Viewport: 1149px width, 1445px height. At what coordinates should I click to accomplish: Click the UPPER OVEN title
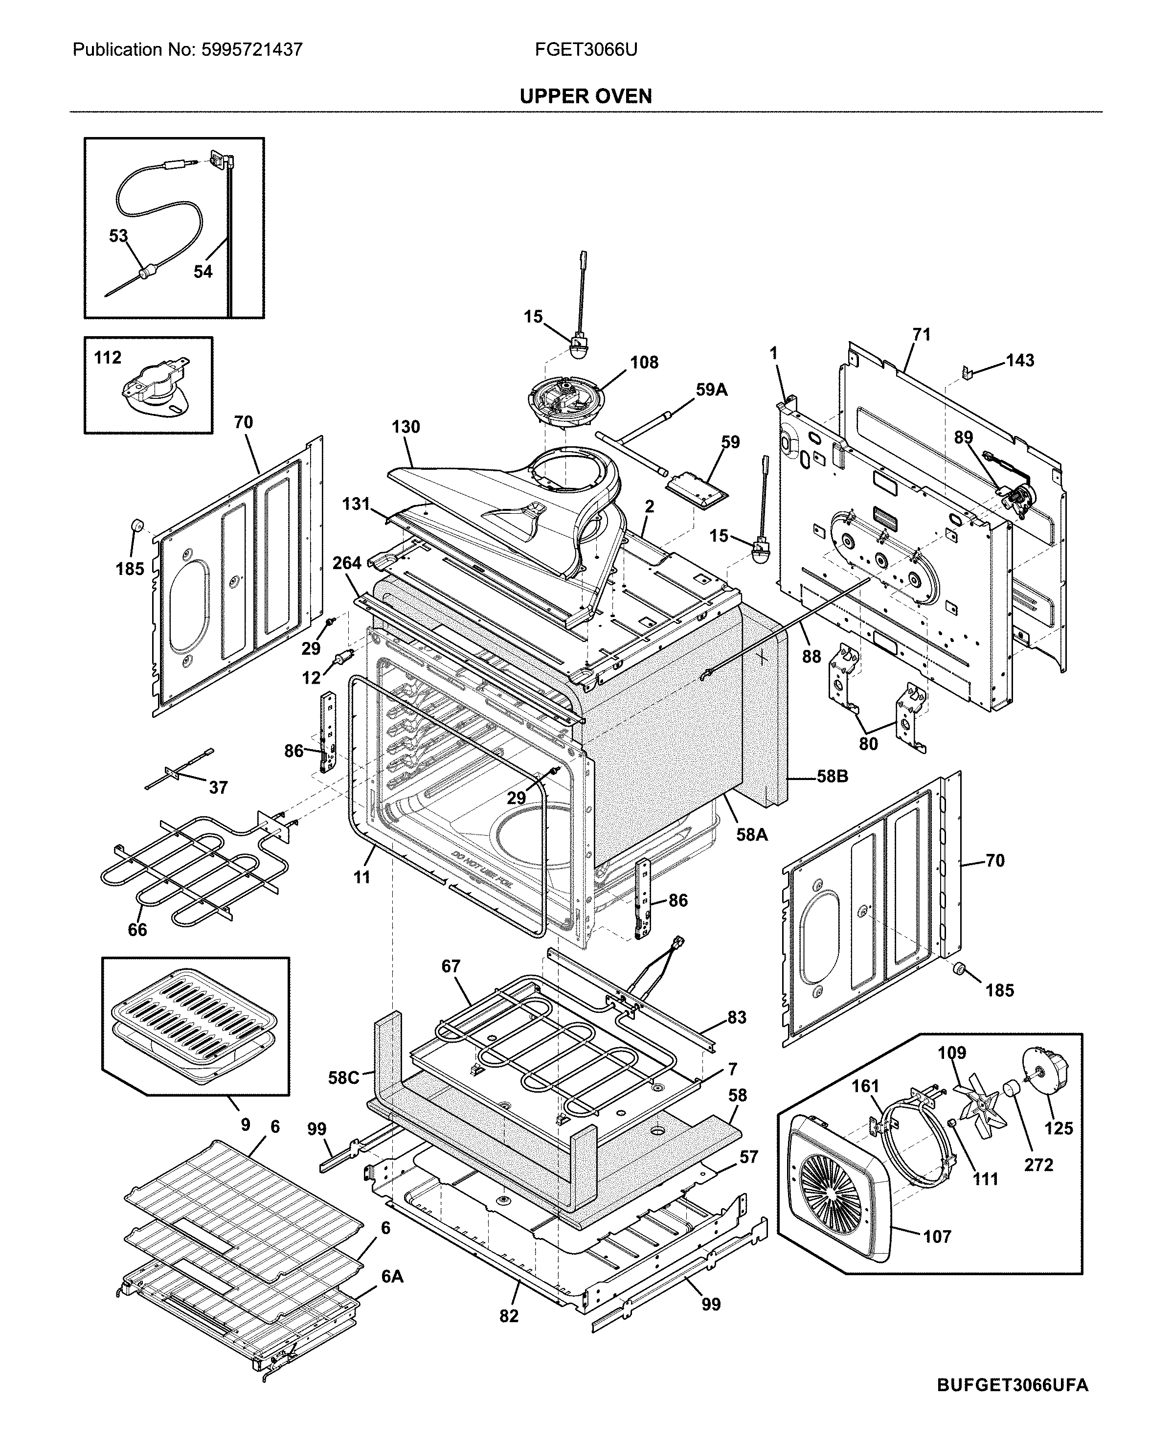pyautogui.click(x=585, y=96)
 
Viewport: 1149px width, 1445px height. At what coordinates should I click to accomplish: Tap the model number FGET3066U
pyautogui.click(x=586, y=49)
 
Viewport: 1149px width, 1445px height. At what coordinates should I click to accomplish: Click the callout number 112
pyautogui.click(x=107, y=358)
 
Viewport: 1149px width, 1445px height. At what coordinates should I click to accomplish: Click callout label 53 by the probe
pyautogui.click(x=118, y=236)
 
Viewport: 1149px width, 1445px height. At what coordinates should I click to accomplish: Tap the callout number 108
pyautogui.click(x=644, y=363)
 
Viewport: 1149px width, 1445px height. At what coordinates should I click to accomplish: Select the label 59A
pyautogui.click(x=711, y=390)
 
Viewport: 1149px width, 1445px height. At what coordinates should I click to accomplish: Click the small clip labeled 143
pyautogui.click(x=967, y=371)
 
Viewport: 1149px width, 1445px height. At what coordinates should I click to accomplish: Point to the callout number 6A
pyautogui.click(x=392, y=1277)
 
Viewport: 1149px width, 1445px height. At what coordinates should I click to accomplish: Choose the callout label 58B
pyautogui.click(x=832, y=776)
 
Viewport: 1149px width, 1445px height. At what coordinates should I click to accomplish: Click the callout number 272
pyautogui.click(x=1038, y=1165)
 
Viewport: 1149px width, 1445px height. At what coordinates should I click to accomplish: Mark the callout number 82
pyautogui.click(x=509, y=1316)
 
